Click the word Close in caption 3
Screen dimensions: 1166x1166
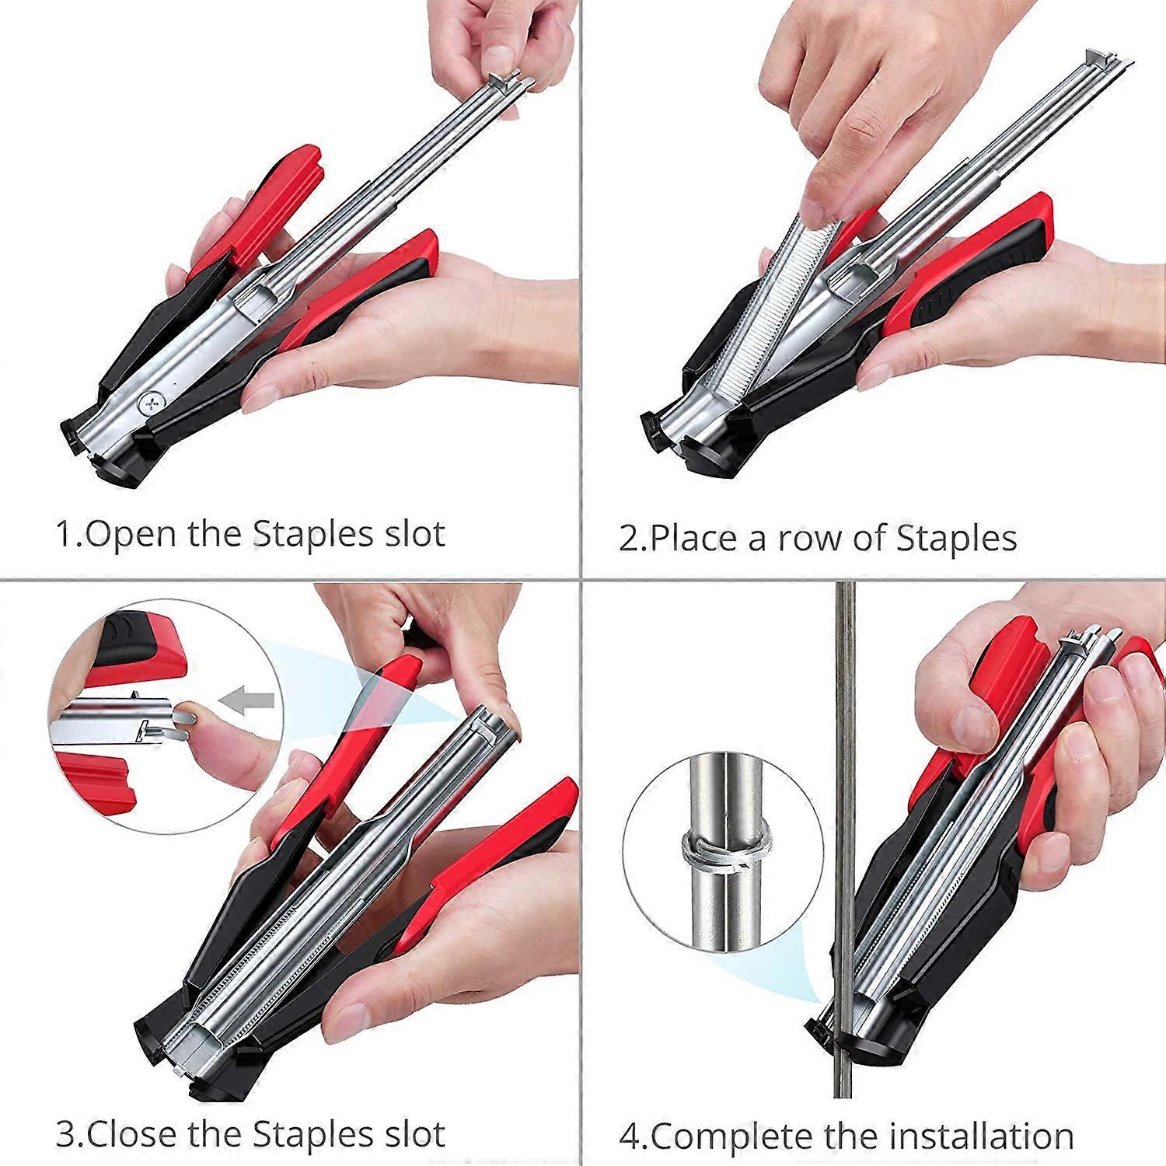point(133,1134)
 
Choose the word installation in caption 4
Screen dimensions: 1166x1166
point(981,1136)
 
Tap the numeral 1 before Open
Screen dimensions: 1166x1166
point(65,535)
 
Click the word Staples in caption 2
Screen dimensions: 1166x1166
point(956,538)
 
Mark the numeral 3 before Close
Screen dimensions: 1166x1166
point(66,1135)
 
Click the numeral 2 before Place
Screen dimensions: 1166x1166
point(628,539)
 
